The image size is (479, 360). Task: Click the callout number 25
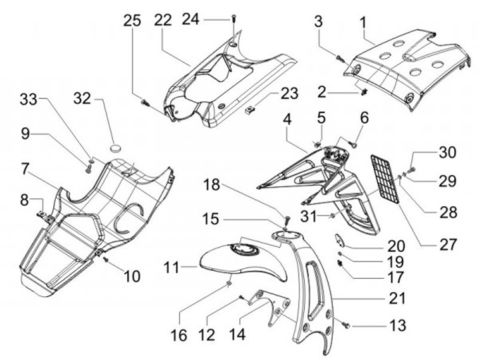click(132, 21)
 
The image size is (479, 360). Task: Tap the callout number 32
click(82, 98)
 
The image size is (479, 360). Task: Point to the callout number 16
click(179, 335)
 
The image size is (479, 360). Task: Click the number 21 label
click(397, 298)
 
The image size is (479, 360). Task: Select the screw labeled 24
click(233, 18)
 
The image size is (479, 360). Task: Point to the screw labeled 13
click(347, 326)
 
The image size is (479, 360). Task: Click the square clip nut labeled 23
click(249, 108)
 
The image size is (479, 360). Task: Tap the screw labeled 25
click(145, 103)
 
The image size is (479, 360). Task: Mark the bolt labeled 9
click(89, 169)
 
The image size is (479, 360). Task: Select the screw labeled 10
click(106, 260)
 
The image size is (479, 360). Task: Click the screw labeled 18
click(287, 220)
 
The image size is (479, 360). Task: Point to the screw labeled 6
click(354, 142)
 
